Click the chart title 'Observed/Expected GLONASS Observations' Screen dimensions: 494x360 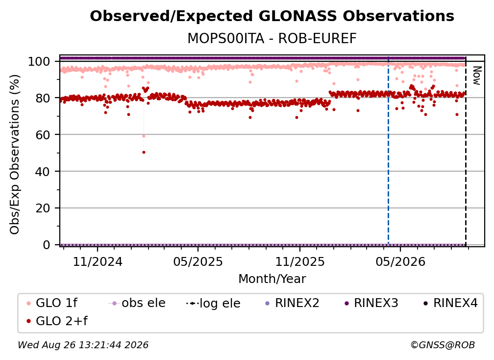[272, 16]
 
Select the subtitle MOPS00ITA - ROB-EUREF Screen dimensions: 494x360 [272, 39]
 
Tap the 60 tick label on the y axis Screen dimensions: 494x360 [43, 135]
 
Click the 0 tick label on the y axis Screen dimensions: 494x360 [47, 245]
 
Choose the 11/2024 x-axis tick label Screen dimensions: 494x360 [98, 261]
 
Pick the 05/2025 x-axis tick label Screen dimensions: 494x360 [198, 261]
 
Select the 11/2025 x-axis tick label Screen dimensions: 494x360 [300, 261]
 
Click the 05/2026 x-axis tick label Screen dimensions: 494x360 [400, 261]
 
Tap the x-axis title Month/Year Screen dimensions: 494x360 [272, 279]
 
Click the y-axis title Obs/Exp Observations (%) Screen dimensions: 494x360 [15, 154]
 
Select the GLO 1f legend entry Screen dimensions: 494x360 [52, 303]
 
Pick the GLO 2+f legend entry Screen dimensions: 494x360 [57, 321]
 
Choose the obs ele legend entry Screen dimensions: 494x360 [137, 303]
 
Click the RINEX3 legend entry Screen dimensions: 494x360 [371, 303]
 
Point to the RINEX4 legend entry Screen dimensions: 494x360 [450, 303]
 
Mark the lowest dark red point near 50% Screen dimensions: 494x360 [144, 152]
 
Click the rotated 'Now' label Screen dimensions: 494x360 [477, 76]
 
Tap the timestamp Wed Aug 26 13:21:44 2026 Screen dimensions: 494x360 [83, 345]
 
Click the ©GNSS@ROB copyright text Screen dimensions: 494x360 [443, 345]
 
